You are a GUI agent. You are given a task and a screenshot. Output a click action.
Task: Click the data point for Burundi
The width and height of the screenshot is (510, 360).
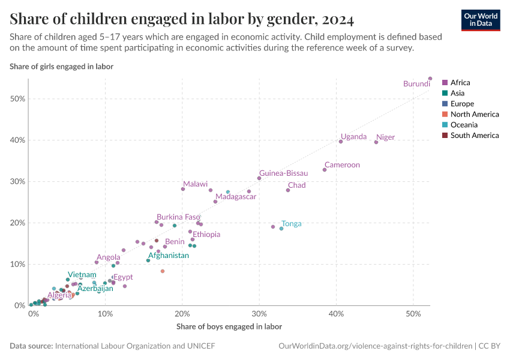pyautogui.click(x=430, y=79)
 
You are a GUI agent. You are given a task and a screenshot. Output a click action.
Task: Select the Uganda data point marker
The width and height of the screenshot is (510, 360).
pyautogui.click(x=341, y=142)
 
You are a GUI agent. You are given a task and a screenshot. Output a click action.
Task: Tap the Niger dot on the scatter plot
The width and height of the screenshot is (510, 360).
pyautogui.click(x=376, y=142)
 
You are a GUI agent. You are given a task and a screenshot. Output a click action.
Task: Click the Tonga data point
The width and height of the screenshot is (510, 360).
pyautogui.click(x=281, y=229)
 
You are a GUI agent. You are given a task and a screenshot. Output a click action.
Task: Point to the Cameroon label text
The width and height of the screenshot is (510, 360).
pyautogui.click(x=342, y=164)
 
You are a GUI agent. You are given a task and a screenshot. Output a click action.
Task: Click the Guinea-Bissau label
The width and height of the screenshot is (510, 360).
pyautogui.click(x=283, y=173)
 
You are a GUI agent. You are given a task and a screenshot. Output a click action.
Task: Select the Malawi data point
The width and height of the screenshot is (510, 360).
pyautogui.click(x=183, y=189)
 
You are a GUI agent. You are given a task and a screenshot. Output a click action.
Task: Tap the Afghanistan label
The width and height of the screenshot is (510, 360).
pyautogui.click(x=169, y=255)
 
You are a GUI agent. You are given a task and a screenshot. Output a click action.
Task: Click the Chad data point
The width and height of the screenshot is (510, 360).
pyautogui.click(x=288, y=190)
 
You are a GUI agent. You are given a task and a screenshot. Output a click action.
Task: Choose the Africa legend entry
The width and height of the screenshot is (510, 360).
pyautogui.click(x=460, y=83)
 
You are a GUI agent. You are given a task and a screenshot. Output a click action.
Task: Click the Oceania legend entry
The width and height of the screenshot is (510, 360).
pyautogui.click(x=464, y=125)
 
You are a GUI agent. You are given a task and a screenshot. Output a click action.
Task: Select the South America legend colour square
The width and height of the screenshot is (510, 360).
pyautogui.click(x=445, y=136)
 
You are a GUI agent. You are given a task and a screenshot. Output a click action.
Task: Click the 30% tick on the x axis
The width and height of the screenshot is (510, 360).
pyautogui.click(x=259, y=314)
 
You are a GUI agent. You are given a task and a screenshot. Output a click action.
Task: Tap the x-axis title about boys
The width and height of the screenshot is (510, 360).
pyautogui.click(x=229, y=327)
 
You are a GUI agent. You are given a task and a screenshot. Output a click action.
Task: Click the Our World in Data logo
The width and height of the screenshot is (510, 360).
pyautogui.click(x=480, y=20)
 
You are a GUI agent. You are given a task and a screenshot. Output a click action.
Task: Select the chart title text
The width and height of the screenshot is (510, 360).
pyautogui.click(x=181, y=19)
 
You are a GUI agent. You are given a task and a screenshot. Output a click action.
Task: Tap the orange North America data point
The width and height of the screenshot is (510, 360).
pyautogui.click(x=163, y=271)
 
